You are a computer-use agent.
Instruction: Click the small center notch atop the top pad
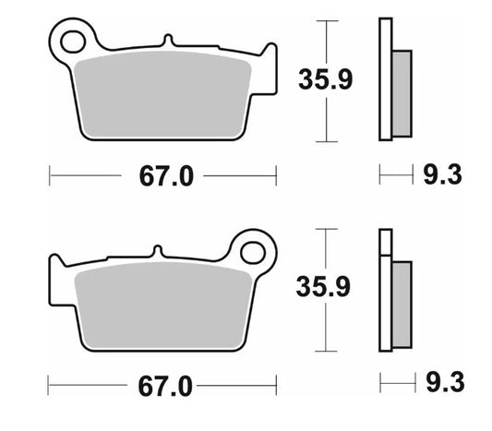(x=166, y=42)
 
